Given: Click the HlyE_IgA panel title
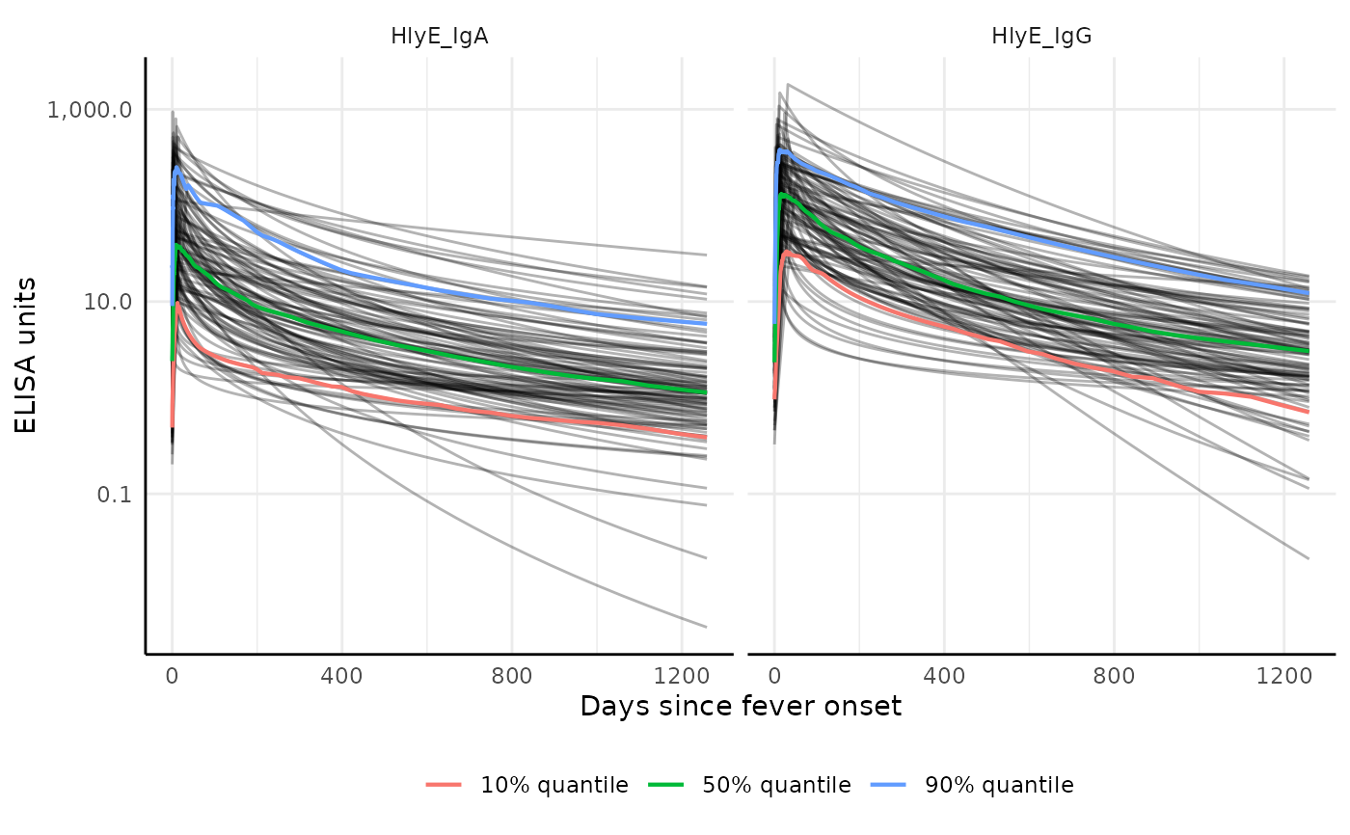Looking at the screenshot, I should click(440, 37).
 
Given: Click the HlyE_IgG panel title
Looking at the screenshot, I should click(1041, 37).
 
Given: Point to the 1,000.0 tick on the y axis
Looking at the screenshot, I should click(90, 109).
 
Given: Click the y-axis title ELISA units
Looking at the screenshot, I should click(27, 355).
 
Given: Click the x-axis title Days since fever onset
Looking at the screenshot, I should click(741, 707).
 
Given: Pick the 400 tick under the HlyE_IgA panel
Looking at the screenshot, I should click(341, 676).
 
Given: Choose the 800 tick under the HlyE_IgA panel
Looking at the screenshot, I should click(511, 676).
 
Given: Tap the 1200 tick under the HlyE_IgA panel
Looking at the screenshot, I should click(681, 676).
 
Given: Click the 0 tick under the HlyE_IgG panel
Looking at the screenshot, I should click(774, 676).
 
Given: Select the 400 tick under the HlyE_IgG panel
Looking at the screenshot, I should click(944, 676).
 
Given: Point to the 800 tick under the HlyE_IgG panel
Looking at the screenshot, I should click(1114, 676).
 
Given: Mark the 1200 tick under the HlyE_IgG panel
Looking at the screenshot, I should click(1283, 676).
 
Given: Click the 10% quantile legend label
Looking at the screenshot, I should click(554, 786).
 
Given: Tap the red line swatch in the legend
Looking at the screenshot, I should click(445, 786).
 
